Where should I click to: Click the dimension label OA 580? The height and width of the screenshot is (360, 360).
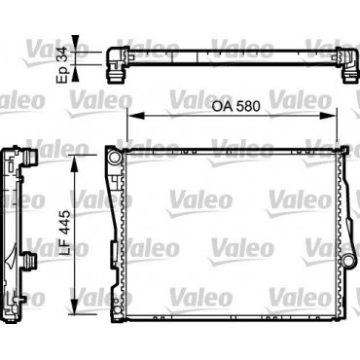[x=235, y=107]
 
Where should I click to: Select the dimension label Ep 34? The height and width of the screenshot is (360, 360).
[x=61, y=65]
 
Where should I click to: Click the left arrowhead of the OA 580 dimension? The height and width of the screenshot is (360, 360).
[x=135, y=116]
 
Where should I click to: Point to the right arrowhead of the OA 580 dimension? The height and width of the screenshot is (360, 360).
[x=328, y=116]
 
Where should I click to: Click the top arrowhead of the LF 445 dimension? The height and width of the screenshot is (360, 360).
[x=75, y=162]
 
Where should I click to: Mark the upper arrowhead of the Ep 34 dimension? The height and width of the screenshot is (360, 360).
[x=75, y=43]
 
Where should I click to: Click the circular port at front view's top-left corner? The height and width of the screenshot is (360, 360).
[x=114, y=157]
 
